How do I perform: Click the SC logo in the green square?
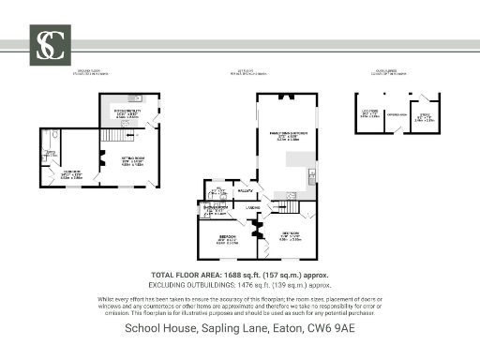click(x=48, y=44)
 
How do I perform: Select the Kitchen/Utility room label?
click(x=127, y=113)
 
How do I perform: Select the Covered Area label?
click(x=397, y=115)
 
